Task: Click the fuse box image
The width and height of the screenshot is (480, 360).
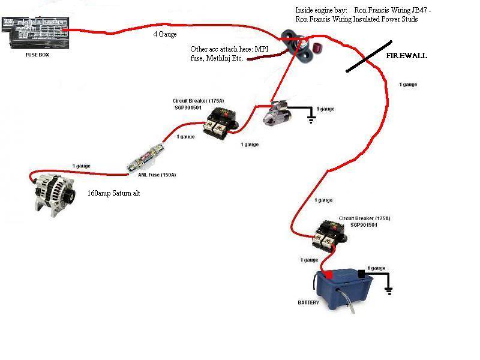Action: [x=35, y=32]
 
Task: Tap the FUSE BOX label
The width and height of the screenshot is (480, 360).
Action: [x=37, y=55]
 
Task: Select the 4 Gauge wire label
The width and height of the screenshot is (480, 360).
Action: [x=165, y=34]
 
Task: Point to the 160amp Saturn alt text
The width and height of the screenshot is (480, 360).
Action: [x=113, y=193]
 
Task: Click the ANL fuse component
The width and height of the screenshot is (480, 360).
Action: [x=145, y=158]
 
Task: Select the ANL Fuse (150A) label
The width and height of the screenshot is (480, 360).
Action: [x=157, y=175]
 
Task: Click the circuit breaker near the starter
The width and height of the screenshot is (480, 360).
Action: [x=221, y=123]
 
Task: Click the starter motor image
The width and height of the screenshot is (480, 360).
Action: [x=277, y=113]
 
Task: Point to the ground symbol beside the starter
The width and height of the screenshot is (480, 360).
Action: [x=311, y=119]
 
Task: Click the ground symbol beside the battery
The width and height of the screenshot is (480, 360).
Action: [x=389, y=290]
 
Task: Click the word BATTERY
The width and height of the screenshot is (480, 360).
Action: [x=308, y=302]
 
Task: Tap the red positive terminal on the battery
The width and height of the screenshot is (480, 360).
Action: [x=329, y=275]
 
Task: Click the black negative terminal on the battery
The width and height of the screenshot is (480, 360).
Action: [x=362, y=274]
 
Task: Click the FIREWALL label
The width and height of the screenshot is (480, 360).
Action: [x=407, y=56]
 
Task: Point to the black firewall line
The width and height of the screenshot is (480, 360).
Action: [x=369, y=56]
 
